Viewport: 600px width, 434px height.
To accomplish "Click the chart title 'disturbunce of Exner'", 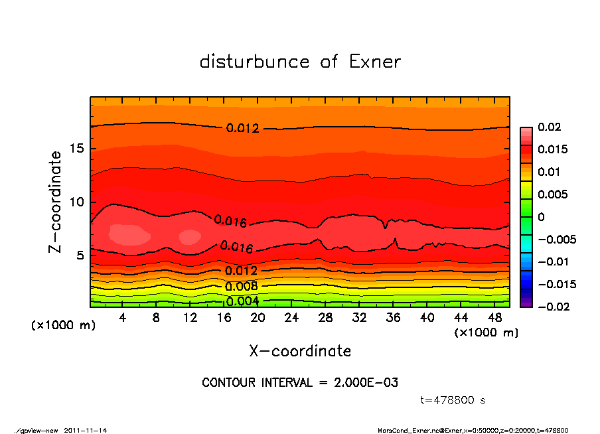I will click(x=300, y=62).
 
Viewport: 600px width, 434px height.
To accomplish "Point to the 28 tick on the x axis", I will click(x=326, y=318).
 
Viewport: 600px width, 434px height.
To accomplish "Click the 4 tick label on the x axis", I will click(x=123, y=318).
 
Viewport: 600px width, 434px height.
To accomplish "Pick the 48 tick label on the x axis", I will click(x=495, y=318).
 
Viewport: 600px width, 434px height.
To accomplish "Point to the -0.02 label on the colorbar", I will click(x=552, y=307).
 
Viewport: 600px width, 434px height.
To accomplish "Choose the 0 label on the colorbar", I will click(x=541, y=217).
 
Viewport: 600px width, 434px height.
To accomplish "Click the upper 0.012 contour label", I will click(x=242, y=128).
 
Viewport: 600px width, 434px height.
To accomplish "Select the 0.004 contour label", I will click(x=242, y=301).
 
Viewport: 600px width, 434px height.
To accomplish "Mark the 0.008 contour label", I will click(x=242, y=287).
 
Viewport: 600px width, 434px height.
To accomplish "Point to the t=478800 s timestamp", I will click(x=453, y=400).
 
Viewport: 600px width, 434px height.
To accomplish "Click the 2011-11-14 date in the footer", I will click(x=86, y=430).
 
